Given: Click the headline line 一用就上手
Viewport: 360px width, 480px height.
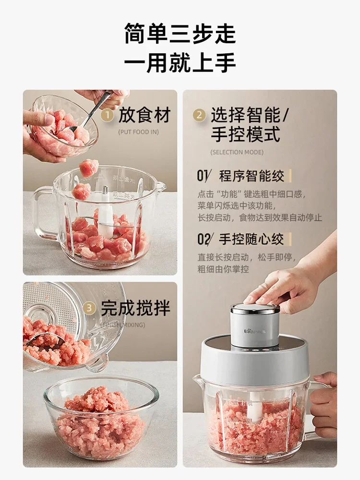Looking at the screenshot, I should [x=180, y=63].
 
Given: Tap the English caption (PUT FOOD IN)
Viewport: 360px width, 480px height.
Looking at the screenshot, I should [x=138, y=132].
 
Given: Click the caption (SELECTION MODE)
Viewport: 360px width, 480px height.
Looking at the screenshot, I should [x=237, y=152].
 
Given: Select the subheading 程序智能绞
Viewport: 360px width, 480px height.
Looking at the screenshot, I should [x=252, y=176].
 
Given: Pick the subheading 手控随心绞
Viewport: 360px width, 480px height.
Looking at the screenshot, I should [x=252, y=239].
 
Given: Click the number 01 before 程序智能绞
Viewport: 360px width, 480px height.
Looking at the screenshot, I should [x=203, y=176].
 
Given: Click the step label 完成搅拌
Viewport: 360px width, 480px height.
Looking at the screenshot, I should [x=135, y=308].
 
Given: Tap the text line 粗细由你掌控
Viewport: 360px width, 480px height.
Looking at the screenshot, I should [x=223, y=269].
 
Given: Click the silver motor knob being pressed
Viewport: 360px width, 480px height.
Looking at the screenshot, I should [x=255, y=324].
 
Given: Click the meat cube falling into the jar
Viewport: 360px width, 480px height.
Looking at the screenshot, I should [x=89, y=168].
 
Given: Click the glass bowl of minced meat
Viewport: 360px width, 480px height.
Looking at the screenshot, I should [x=101, y=418].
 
